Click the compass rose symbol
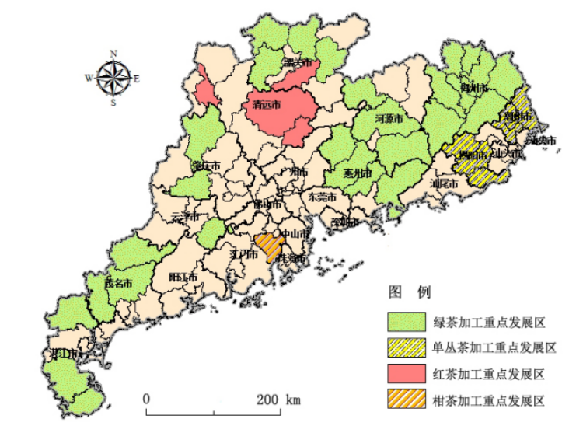tap(113, 77)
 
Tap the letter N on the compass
tap(113, 53)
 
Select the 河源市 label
tap(389, 120)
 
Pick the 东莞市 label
tap(323, 197)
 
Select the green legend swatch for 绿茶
tap(407, 321)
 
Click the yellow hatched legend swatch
tap(407, 347)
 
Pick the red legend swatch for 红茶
tap(407, 374)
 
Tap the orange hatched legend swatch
tap(407, 401)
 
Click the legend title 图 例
tap(410, 292)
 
